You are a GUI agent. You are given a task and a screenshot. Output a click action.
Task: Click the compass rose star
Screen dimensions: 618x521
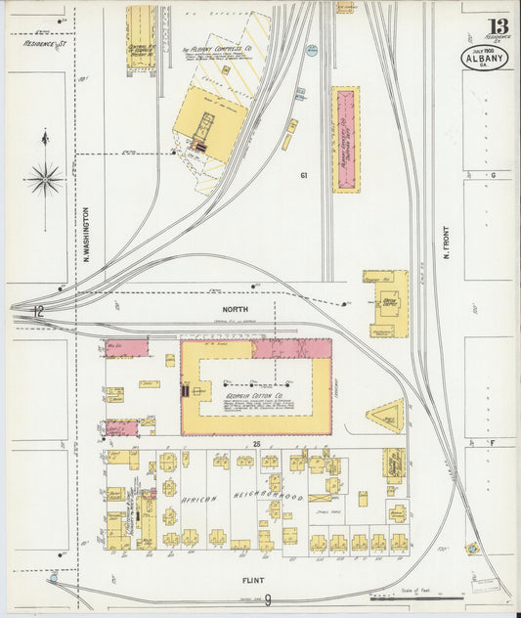pos(45,178)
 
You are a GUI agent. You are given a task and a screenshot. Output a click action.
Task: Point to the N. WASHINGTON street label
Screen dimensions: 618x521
pos(86,234)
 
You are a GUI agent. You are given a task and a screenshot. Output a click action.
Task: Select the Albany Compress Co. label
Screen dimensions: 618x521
pos(218,49)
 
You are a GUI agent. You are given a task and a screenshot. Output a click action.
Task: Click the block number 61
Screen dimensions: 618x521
pos(305,175)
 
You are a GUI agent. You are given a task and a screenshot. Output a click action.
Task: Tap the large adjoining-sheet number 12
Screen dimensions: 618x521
pos(37,313)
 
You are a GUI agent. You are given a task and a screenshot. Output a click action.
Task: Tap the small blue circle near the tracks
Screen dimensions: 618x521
pos(312,50)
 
